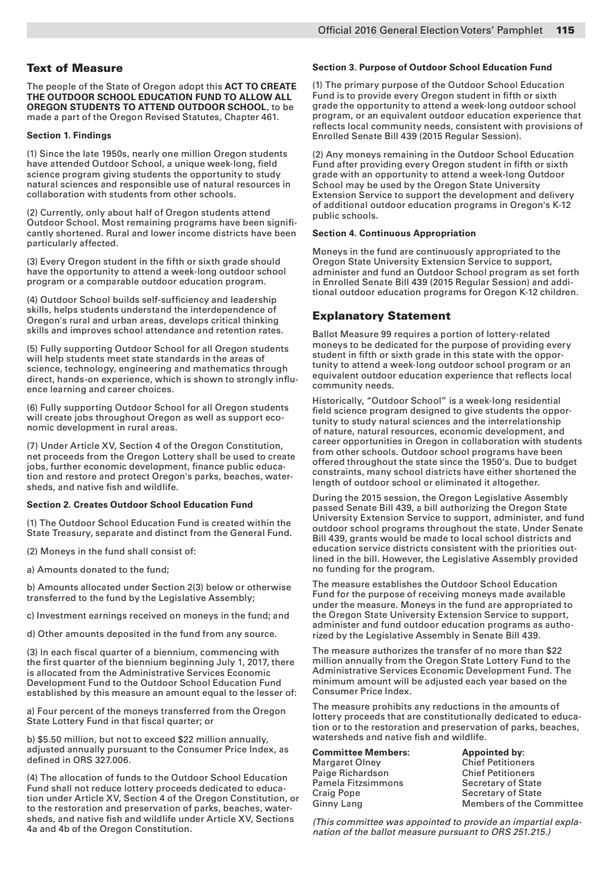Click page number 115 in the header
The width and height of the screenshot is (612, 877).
565,31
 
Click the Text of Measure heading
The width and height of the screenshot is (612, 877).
74,69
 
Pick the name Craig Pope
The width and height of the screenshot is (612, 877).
338,793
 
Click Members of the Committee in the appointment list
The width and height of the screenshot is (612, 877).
522,804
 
